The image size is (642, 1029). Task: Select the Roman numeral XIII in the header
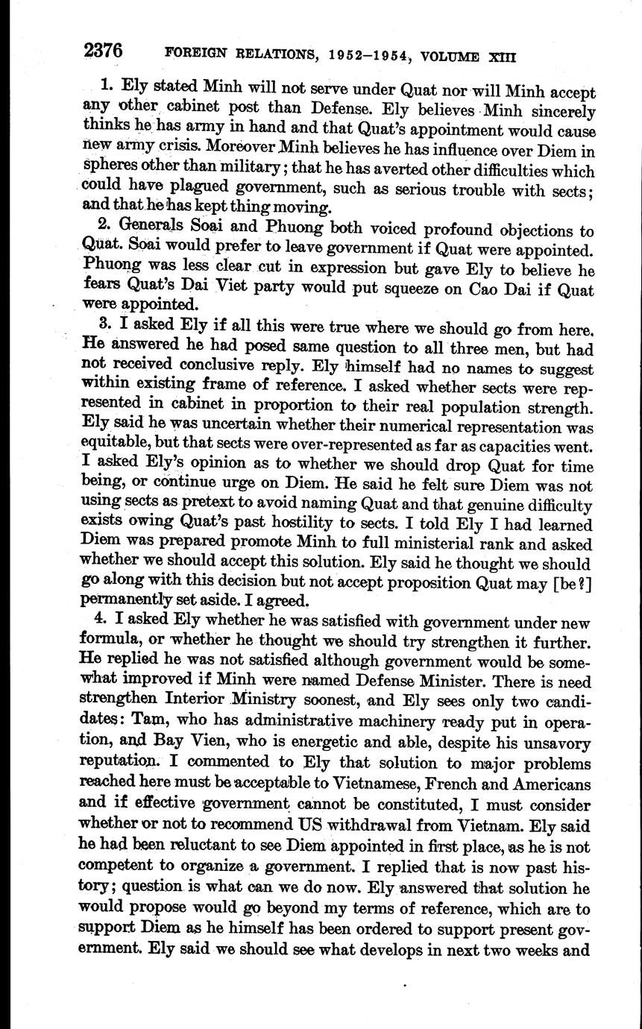tap(501, 55)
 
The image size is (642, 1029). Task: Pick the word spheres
tap(107, 170)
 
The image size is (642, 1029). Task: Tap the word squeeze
tap(384, 289)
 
